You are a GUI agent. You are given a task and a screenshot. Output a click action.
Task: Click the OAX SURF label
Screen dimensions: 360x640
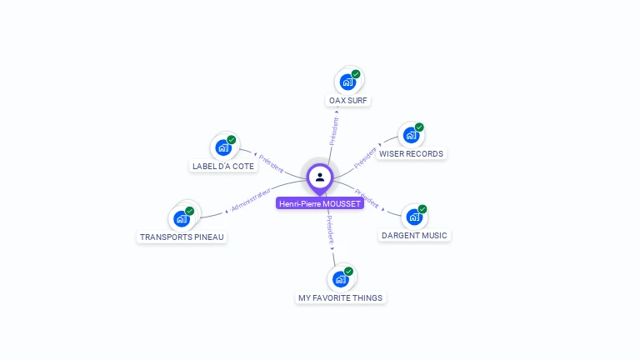[x=348, y=101]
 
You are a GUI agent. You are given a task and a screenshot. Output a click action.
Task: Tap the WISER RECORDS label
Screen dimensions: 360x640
[x=411, y=154]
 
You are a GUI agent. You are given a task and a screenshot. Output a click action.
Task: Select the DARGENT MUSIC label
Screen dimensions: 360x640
[x=414, y=236]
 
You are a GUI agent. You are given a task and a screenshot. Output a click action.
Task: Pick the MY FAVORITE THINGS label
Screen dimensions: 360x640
[x=341, y=297]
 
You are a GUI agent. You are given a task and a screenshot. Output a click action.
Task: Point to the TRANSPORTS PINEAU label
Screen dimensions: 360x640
[x=182, y=237]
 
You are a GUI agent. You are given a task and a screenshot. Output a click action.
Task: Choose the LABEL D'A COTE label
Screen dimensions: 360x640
[x=223, y=166]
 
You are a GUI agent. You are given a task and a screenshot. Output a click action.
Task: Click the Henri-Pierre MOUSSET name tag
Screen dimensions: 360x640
[x=320, y=203]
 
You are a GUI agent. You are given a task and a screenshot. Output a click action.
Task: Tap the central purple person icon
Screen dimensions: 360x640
[x=320, y=177]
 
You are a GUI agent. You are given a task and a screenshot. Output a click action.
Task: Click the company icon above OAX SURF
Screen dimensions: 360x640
[x=347, y=82]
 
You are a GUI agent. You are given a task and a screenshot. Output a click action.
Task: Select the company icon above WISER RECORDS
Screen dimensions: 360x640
[x=411, y=136]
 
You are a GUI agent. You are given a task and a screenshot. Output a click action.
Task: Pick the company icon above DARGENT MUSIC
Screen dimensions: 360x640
[x=413, y=217]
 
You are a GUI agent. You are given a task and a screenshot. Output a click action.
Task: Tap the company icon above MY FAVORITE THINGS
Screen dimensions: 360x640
[x=340, y=279]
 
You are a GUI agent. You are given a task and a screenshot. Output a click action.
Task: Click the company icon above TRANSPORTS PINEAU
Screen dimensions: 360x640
[x=182, y=219]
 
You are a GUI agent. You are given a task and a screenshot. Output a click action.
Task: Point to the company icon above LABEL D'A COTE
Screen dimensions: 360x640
[x=222, y=147]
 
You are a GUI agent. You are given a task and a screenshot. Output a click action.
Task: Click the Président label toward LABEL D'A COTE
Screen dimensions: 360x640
[x=271, y=163]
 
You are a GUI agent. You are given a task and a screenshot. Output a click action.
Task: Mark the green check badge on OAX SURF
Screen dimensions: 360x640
[x=356, y=74]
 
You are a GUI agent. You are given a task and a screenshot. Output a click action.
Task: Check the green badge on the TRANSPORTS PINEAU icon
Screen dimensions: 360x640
[x=190, y=211]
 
